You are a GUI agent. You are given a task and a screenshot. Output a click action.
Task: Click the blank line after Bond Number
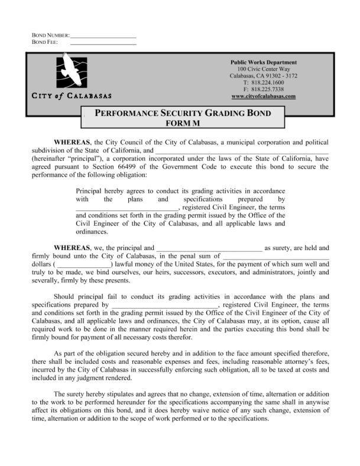point(103,37)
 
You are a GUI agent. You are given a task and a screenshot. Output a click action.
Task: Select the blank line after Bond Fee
point(103,43)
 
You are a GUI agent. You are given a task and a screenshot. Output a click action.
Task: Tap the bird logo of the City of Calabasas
point(71,71)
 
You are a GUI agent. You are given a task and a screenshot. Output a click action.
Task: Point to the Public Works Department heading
point(263,63)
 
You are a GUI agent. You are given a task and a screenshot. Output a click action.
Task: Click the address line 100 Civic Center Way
point(263,69)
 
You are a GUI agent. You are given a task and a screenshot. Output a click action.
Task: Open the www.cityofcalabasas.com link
point(263,96)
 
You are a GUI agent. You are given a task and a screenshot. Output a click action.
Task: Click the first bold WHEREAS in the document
point(72,143)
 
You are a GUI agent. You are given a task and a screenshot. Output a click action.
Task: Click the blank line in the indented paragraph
point(127,208)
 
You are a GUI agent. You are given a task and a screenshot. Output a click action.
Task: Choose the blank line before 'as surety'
point(208,248)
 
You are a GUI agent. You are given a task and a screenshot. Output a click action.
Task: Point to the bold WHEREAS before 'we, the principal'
point(72,248)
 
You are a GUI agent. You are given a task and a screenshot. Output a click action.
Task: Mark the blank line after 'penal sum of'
point(274,256)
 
